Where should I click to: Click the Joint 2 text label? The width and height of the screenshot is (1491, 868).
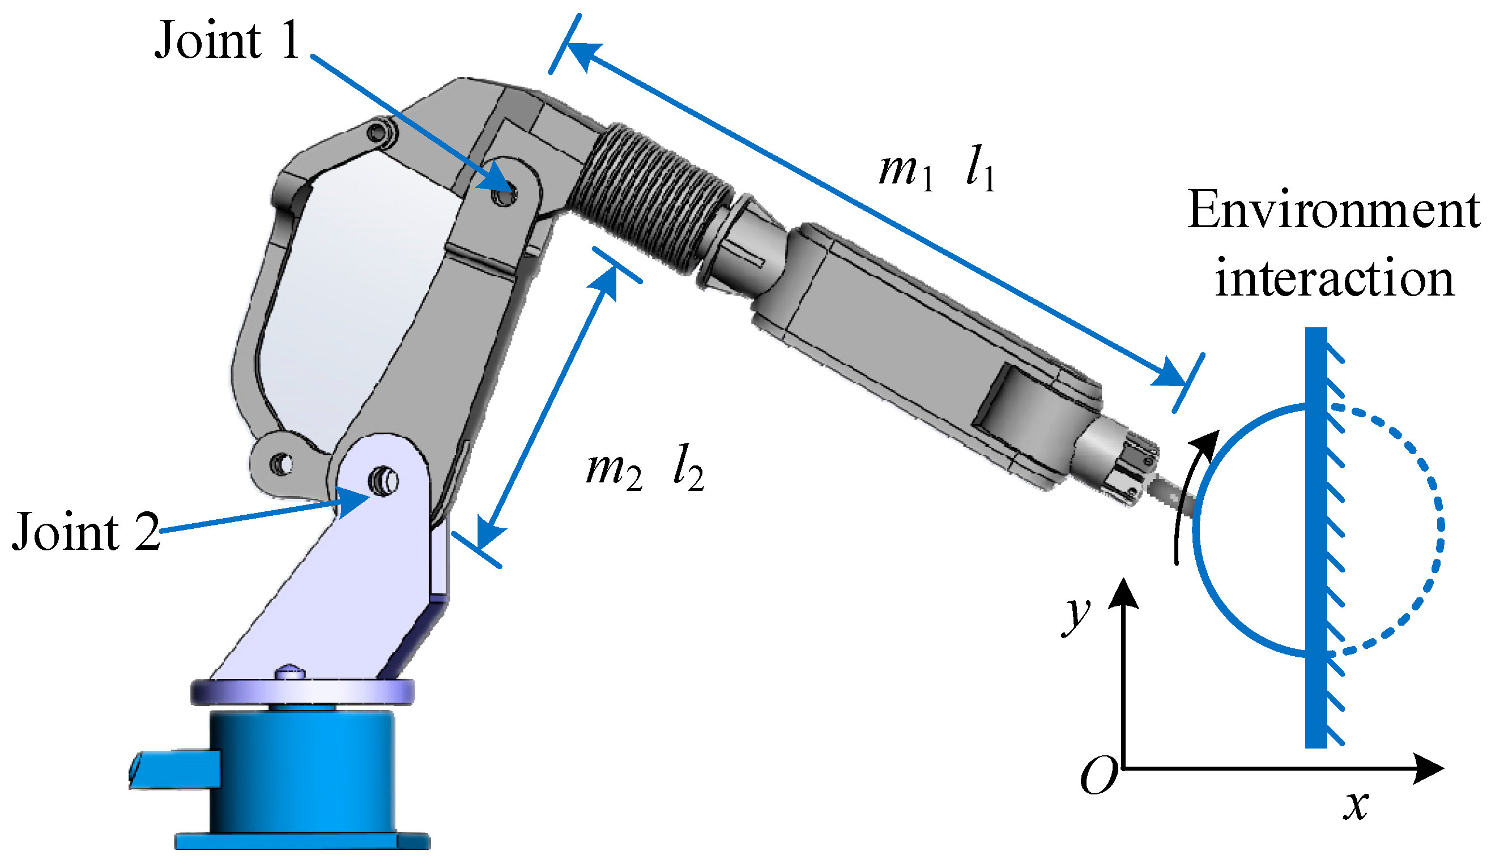click(86, 532)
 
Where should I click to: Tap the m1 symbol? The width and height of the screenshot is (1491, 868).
click(905, 172)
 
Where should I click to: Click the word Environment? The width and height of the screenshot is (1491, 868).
click(1334, 210)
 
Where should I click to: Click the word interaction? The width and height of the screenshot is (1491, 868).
click(1334, 278)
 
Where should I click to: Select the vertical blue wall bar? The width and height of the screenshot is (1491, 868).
click(1316, 538)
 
